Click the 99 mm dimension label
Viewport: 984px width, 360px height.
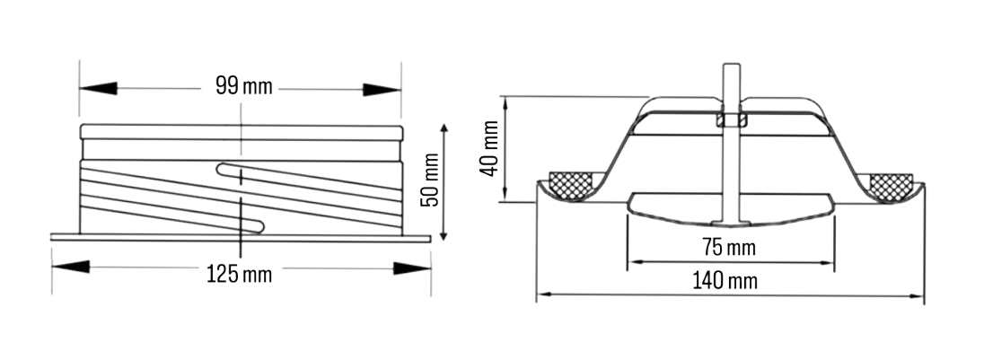coord(243,88)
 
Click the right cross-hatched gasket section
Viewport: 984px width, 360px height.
coord(892,186)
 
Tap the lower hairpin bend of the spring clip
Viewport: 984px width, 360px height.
coord(258,224)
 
